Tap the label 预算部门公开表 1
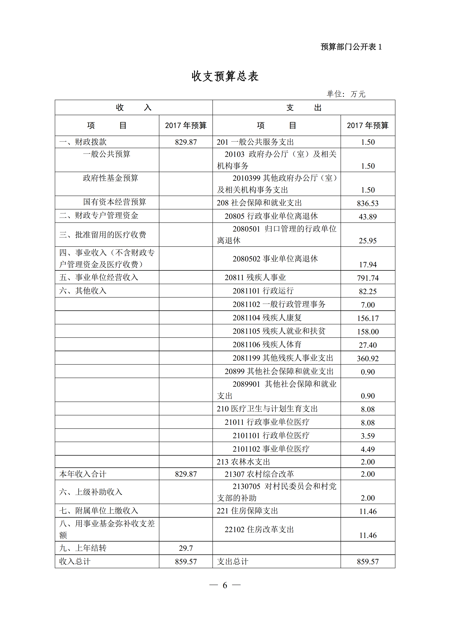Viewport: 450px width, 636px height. [x=351, y=47]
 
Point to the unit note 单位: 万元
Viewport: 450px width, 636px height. [x=346, y=94]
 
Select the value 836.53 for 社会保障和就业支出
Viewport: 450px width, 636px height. [x=368, y=203]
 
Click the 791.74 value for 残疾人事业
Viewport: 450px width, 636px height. [x=368, y=278]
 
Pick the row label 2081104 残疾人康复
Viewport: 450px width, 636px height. [x=267, y=318]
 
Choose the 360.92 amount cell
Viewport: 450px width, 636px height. [x=368, y=358]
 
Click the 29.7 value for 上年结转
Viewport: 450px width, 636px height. [x=186, y=548]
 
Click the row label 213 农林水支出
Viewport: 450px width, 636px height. [x=243, y=462]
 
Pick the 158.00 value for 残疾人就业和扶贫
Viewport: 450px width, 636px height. [x=368, y=332]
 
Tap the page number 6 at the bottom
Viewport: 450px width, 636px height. [x=225, y=585]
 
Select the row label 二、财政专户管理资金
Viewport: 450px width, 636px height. [x=99, y=216]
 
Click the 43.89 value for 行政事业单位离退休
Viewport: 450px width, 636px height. [x=368, y=217]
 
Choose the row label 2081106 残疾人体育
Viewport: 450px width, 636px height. [x=267, y=345]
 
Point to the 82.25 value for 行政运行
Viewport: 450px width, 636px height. [x=368, y=291]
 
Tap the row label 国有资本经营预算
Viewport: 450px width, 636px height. [x=114, y=202]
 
